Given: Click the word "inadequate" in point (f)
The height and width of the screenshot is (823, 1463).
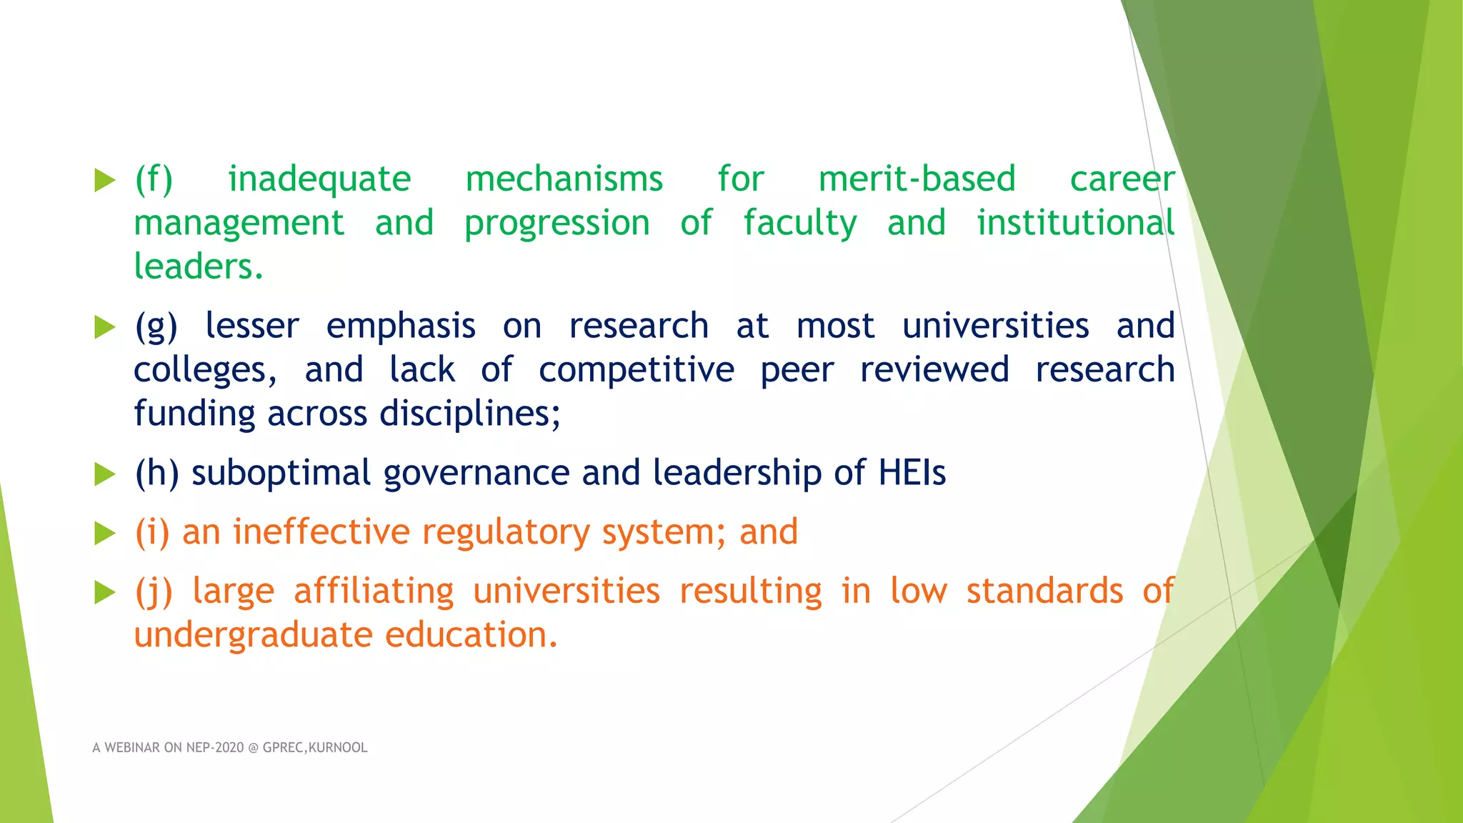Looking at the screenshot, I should point(319,179).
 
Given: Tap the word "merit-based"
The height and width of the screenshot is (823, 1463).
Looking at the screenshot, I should point(917,179).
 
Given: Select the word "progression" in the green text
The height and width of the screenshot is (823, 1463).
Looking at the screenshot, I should point(557,224).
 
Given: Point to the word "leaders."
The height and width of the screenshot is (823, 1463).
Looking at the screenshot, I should point(199,267).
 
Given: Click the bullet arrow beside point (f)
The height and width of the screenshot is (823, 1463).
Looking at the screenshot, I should point(105,180).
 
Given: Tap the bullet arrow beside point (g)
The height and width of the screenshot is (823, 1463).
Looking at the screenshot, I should point(105,327).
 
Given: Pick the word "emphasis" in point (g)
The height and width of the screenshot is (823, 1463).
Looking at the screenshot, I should point(401,327).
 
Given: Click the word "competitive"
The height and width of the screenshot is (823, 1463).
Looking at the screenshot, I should point(636,371).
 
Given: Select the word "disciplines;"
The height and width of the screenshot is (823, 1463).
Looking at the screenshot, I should point(470,414).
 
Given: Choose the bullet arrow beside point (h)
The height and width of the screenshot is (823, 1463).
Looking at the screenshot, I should point(105,474).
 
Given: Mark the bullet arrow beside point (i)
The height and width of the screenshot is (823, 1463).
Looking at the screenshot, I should point(105,533).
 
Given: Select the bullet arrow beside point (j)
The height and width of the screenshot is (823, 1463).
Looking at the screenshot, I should point(105,592).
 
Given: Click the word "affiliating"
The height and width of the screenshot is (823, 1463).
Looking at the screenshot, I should point(374,592).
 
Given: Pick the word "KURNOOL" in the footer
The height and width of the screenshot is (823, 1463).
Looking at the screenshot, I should point(338,748).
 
